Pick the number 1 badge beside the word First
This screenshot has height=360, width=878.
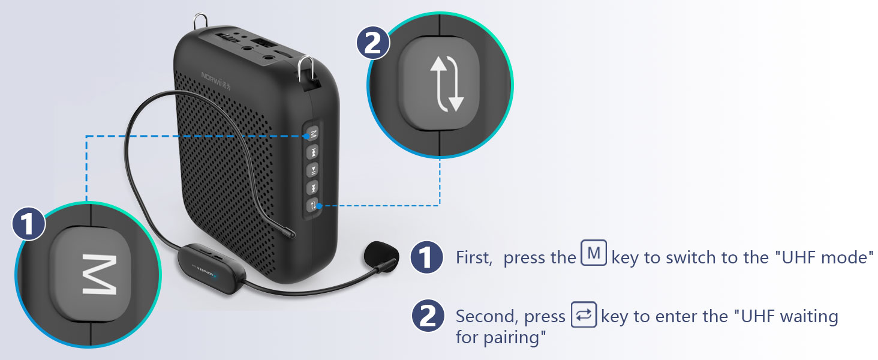(x=426, y=258)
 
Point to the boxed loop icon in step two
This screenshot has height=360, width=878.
(x=584, y=314)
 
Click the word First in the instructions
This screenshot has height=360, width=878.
(x=474, y=258)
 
